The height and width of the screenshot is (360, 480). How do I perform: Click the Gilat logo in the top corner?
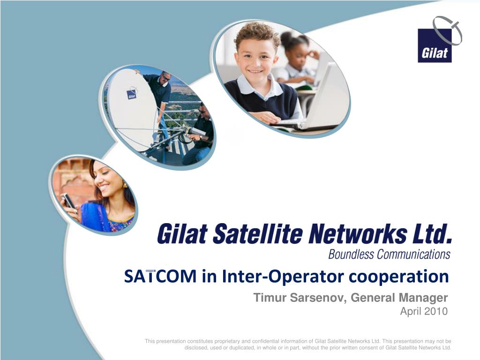click(x=435, y=45)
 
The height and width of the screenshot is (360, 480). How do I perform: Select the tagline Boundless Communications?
click(x=389, y=255)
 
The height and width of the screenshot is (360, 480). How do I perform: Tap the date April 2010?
click(x=424, y=311)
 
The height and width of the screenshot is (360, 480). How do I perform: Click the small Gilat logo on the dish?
click(x=132, y=94)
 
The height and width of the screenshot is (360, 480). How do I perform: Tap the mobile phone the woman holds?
click(x=68, y=201)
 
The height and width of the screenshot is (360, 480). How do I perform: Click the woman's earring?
click(x=125, y=185)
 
